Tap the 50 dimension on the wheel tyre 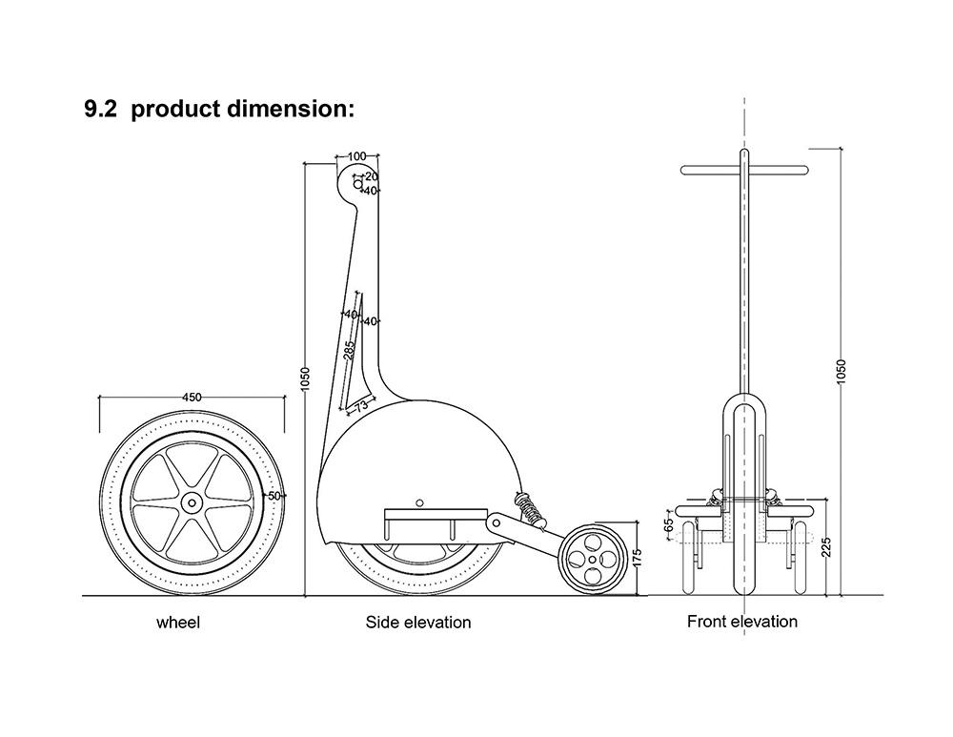point(274,496)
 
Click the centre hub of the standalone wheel point(192,501)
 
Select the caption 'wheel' point(178,623)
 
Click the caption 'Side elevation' point(418,623)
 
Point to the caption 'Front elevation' point(742,622)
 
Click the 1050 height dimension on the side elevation point(305,382)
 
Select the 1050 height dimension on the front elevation point(841,373)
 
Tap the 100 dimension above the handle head point(357,156)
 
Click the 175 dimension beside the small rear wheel point(637,558)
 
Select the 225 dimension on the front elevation point(826,545)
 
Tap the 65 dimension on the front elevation point(669,524)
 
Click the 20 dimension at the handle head point(372,176)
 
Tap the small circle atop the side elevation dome point(419,501)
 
